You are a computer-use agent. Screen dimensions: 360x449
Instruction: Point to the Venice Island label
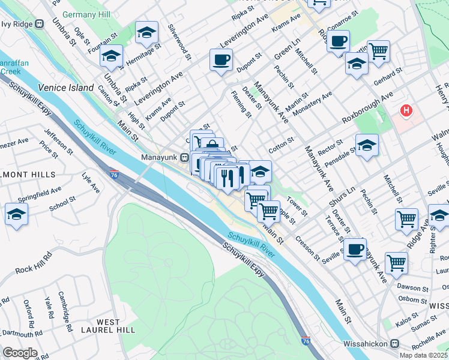click(x=66, y=88)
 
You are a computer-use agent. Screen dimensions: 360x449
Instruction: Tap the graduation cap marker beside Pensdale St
click(x=367, y=146)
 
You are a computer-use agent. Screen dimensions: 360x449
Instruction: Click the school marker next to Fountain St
click(x=111, y=56)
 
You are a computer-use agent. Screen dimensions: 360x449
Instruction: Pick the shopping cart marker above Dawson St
click(x=396, y=262)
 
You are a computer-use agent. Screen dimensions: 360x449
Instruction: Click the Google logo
click(x=20, y=353)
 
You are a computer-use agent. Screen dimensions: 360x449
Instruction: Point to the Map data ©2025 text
click(x=423, y=355)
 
